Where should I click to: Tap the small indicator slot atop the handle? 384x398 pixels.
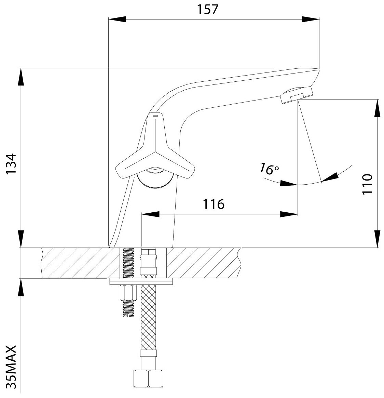click(154, 117)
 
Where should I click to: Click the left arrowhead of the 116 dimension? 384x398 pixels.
click(151, 214)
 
